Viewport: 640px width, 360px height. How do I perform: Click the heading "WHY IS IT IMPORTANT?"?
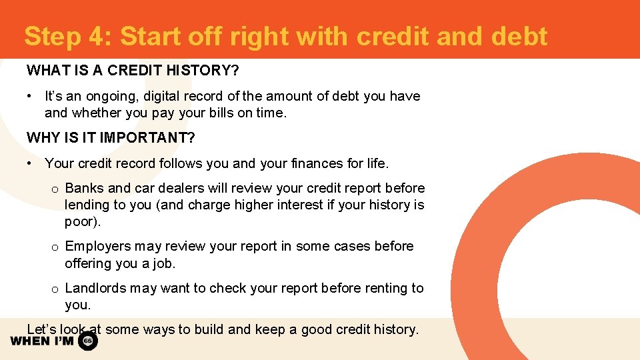click(x=111, y=138)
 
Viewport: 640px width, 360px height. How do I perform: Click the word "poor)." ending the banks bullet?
click(x=83, y=221)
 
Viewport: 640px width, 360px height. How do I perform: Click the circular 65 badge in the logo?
click(x=88, y=341)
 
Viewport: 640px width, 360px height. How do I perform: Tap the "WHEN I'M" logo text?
click(x=42, y=341)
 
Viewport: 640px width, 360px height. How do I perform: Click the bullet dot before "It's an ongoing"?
click(x=30, y=96)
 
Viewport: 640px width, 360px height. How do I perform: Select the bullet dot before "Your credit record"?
click(x=30, y=163)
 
